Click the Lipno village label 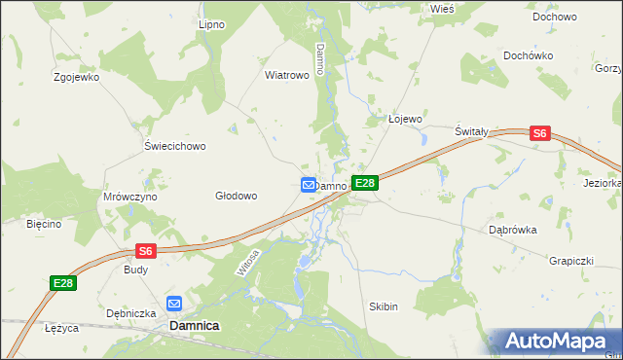(x=211, y=24)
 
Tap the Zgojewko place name (x=77, y=77)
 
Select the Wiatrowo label (x=287, y=74)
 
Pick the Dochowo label (x=555, y=17)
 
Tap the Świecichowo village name (x=175, y=147)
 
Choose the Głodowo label (x=236, y=196)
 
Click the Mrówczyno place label (x=130, y=197)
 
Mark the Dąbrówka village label (x=513, y=231)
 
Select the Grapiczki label (x=569, y=261)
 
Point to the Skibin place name (x=384, y=306)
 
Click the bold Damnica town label (x=194, y=327)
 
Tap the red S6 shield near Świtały (x=541, y=135)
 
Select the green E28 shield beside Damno (x=364, y=183)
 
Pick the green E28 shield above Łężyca (x=63, y=283)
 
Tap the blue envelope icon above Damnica (x=175, y=304)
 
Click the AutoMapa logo (x=556, y=342)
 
